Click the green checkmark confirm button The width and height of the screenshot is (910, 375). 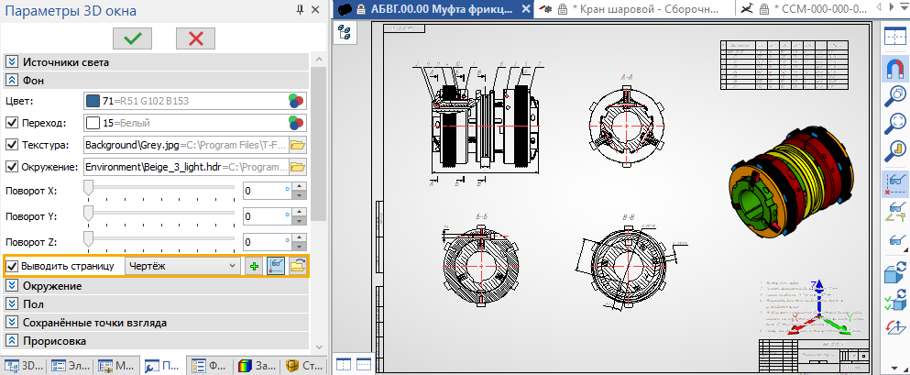click(133, 38)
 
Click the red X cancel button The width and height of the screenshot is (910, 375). click(195, 38)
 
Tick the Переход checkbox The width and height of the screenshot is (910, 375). click(12, 122)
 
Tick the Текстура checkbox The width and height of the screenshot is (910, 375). click(12, 145)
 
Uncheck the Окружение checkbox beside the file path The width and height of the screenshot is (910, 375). click(12, 168)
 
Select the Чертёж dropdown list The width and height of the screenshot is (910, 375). click(181, 266)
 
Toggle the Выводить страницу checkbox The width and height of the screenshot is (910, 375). click(12, 266)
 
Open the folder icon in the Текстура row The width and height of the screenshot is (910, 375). click(297, 145)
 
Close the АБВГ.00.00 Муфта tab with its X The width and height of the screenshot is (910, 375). click(525, 9)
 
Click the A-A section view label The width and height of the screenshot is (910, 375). click(628, 77)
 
